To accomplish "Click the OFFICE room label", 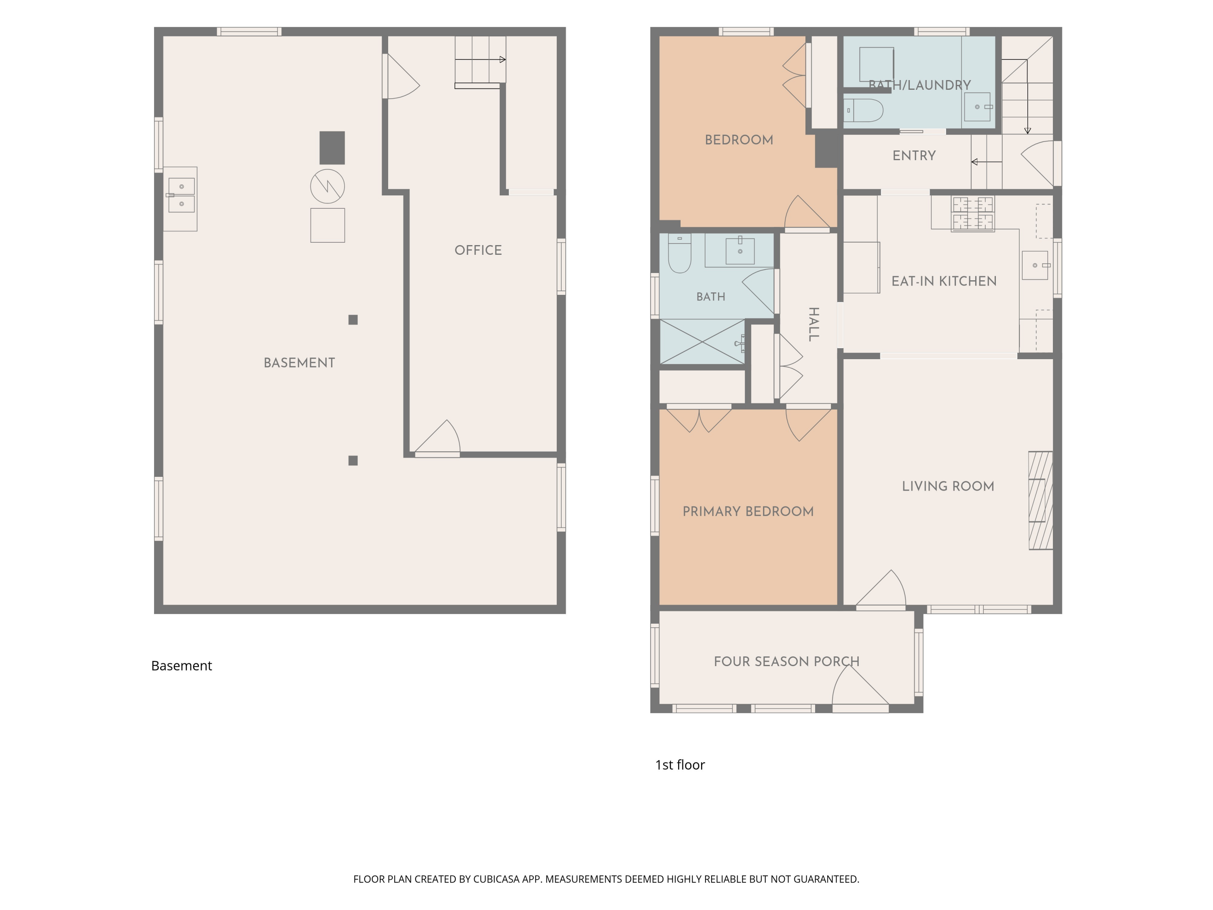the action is tap(478, 250).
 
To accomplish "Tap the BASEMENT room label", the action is tap(300, 362).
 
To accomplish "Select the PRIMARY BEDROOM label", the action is tap(748, 511).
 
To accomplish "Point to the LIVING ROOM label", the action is tap(948, 486).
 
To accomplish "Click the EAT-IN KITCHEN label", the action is tap(944, 281).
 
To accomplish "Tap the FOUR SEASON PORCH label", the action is tap(786, 661).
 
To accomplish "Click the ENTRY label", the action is tap(914, 155).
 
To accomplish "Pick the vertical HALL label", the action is tap(814, 324).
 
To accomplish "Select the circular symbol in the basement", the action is tap(328, 186).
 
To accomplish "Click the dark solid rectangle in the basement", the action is tap(332, 148).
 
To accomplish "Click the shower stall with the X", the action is tap(702, 342).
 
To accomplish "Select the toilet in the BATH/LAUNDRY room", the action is tap(864, 110).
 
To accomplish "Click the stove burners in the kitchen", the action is tap(973, 214).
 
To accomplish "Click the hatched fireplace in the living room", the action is tap(1040, 500).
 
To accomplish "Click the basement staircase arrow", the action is tap(480, 59).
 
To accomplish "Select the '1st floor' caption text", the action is tap(680, 765).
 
